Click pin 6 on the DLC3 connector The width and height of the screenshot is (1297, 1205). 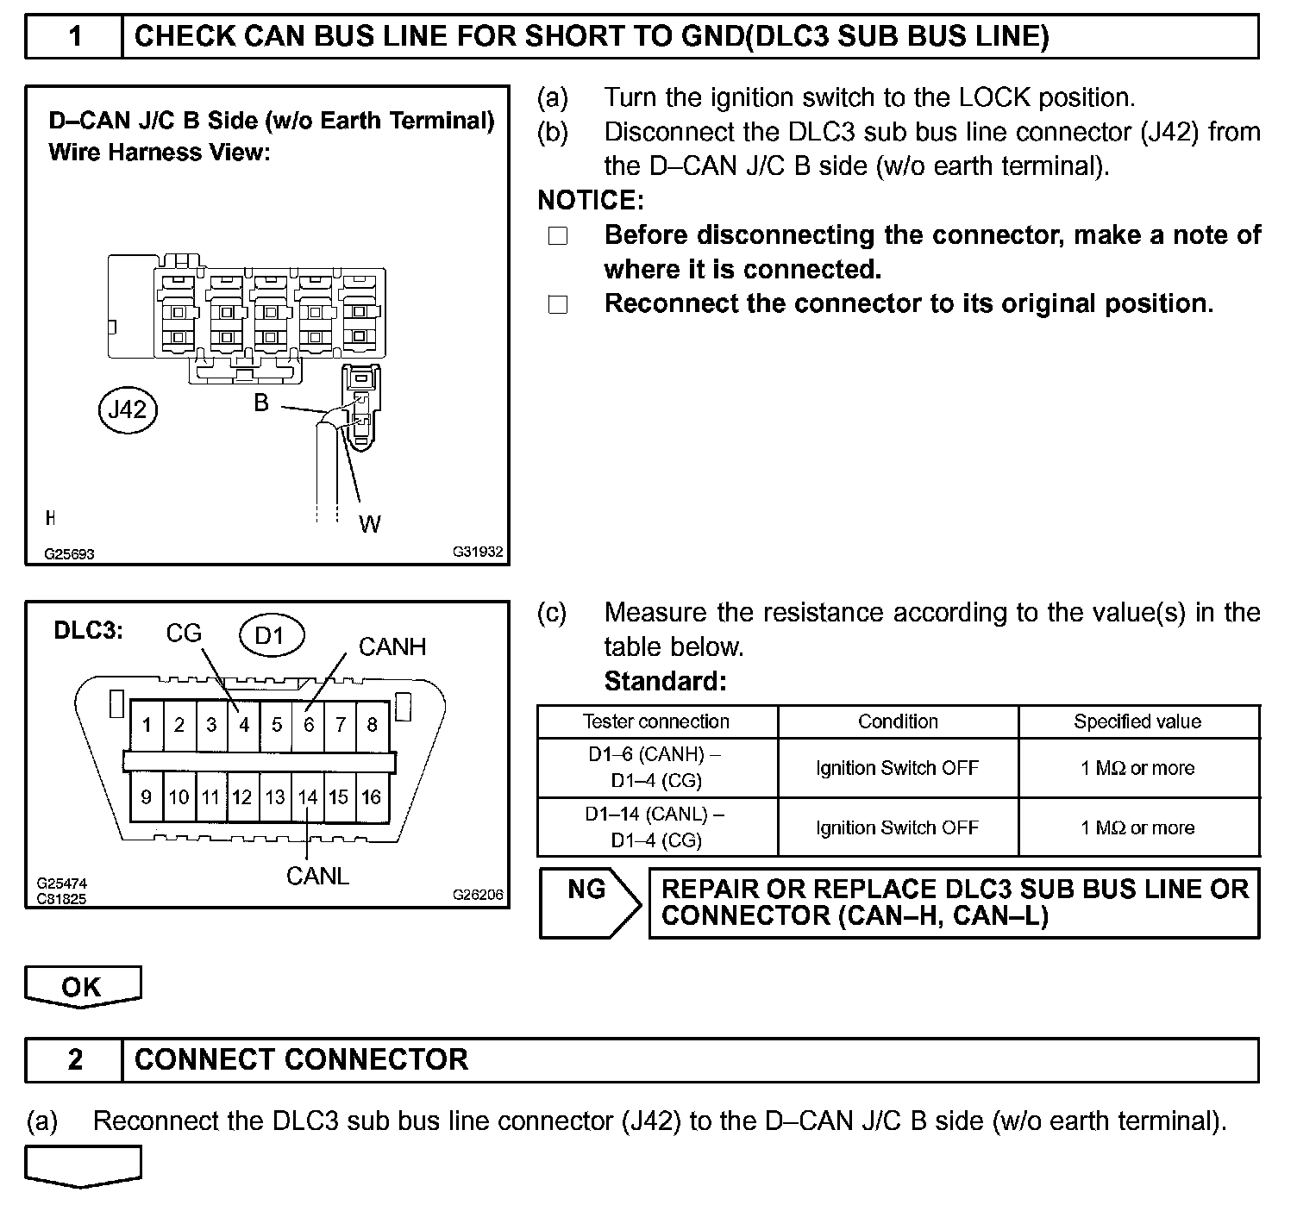pyautogui.click(x=309, y=725)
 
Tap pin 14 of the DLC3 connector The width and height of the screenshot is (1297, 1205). pyautogui.click(x=308, y=797)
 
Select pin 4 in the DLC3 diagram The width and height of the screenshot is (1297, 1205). pyautogui.click(x=244, y=725)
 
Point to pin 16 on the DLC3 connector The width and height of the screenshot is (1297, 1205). pyautogui.click(x=372, y=797)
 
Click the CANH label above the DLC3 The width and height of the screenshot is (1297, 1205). pyautogui.click(x=392, y=646)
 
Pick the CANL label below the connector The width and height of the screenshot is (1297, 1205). pyautogui.click(x=317, y=876)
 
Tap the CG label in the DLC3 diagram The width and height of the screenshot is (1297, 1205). pyautogui.click(x=184, y=634)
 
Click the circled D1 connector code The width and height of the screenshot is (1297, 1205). pyautogui.click(x=271, y=636)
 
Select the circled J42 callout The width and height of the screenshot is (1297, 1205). pyautogui.click(x=128, y=409)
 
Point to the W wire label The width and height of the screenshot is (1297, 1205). pyautogui.click(x=369, y=524)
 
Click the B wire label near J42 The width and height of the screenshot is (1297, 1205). pyautogui.click(x=261, y=402)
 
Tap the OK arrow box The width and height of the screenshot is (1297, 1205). pyautogui.click(x=83, y=987)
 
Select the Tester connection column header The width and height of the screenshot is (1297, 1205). pyautogui.click(x=656, y=722)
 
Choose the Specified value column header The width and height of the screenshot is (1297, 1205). pyautogui.click(x=1137, y=722)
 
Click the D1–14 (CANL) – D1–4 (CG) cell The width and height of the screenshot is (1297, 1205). pyautogui.click(x=656, y=827)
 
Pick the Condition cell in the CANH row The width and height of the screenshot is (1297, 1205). pyautogui.click(x=898, y=768)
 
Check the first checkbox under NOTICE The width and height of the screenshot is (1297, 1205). pyautogui.click(x=558, y=236)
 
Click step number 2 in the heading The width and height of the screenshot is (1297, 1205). pyautogui.click(x=75, y=1059)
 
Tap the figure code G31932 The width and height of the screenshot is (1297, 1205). pyautogui.click(x=477, y=552)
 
